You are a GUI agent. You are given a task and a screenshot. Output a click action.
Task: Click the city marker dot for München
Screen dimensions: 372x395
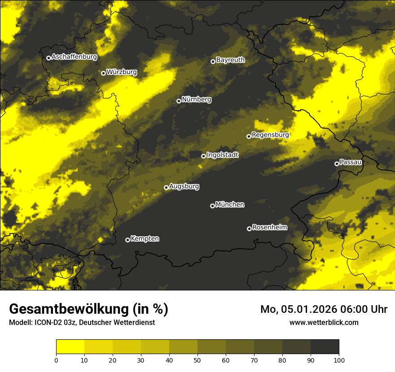(212, 206)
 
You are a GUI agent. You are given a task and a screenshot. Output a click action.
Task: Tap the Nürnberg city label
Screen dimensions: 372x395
(196, 99)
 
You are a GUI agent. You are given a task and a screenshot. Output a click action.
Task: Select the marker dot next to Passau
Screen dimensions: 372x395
(337, 164)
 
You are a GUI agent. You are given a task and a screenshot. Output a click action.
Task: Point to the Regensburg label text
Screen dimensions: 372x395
(270, 135)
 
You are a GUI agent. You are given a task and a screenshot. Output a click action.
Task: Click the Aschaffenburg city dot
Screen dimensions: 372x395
(48, 58)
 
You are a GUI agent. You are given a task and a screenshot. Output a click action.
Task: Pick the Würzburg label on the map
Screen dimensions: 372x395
(122, 72)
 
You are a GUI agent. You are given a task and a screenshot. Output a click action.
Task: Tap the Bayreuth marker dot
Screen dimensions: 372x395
(213, 61)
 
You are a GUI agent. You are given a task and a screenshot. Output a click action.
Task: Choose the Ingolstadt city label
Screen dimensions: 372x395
(222, 155)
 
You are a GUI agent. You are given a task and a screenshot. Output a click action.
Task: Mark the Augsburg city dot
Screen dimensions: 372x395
(166, 187)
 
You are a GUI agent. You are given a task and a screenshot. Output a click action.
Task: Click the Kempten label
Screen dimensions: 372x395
(145, 239)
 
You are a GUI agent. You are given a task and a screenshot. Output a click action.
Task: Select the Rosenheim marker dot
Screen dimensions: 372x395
(249, 229)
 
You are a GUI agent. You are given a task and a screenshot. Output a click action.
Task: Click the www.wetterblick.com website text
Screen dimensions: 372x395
(324, 322)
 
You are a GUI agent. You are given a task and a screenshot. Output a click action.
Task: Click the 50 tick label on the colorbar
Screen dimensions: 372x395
(197, 359)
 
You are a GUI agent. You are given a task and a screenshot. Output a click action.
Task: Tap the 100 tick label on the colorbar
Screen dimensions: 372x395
(339, 359)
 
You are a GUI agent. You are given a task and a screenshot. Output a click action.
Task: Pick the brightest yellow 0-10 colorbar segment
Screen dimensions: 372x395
(70, 347)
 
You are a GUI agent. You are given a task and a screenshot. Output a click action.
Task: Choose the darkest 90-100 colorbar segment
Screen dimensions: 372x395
(325, 347)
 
